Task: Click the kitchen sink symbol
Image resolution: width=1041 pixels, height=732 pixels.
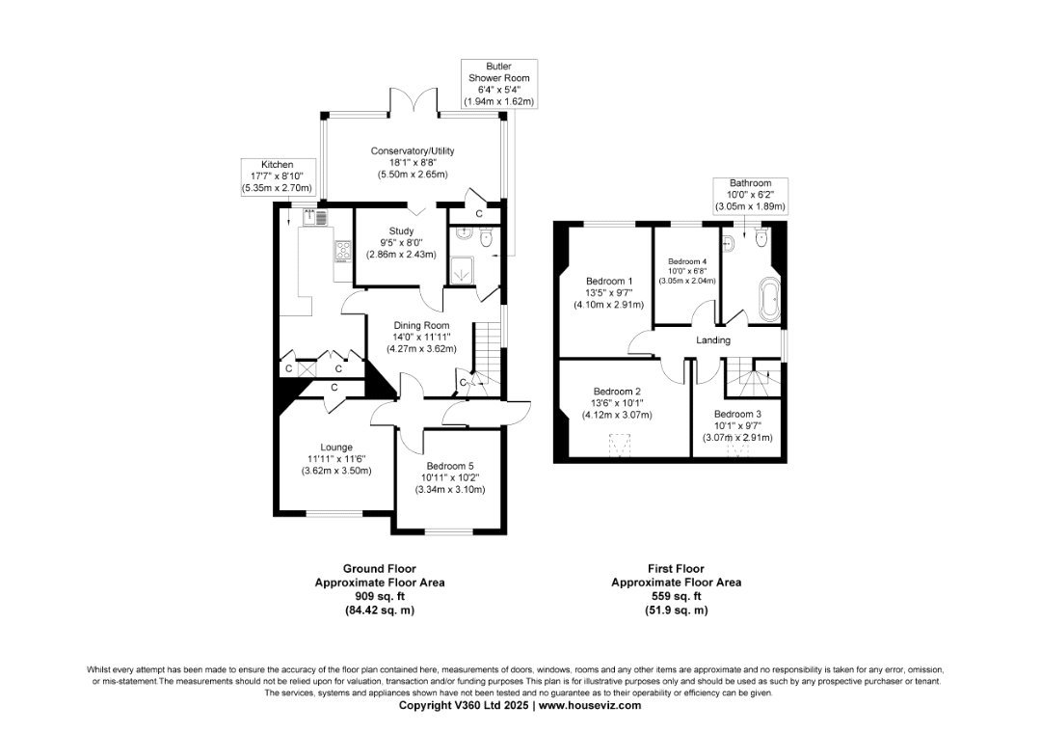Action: click(x=315, y=217)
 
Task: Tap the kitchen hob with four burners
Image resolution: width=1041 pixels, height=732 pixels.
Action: click(x=342, y=252)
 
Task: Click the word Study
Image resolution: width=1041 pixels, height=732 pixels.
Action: click(x=401, y=231)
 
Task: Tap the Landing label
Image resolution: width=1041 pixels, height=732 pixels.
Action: click(x=713, y=340)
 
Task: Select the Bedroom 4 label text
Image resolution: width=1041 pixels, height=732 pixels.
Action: click(x=687, y=261)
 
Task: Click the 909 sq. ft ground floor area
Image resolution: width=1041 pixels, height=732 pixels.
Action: click(x=380, y=596)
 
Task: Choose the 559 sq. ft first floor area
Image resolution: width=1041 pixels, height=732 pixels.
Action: click(x=677, y=596)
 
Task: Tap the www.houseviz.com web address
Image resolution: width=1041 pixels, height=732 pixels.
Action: click(x=589, y=705)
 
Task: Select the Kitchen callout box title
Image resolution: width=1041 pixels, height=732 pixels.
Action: click(x=277, y=165)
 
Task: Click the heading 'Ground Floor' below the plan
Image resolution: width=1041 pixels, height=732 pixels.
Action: click(x=380, y=569)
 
